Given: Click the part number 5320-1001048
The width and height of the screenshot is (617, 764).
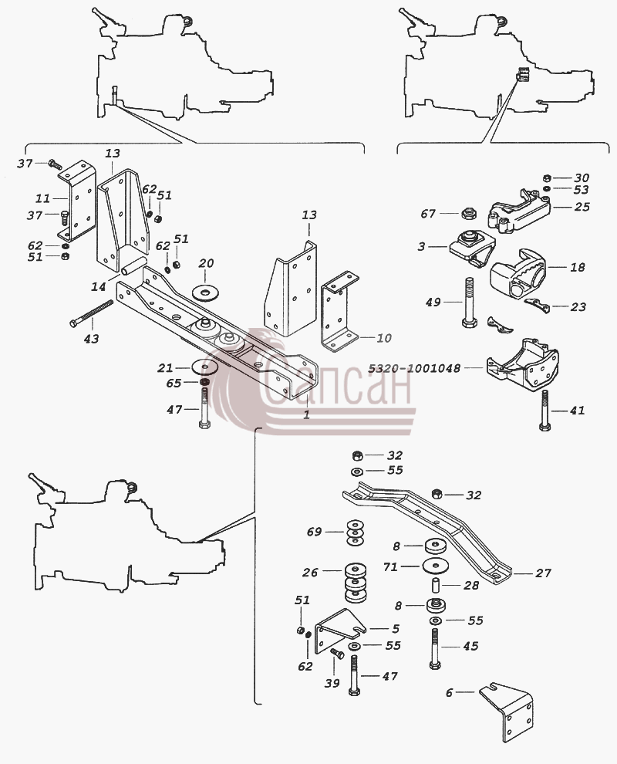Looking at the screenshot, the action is (x=413, y=368).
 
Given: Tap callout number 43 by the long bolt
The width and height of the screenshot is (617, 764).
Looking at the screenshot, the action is (x=92, y=338).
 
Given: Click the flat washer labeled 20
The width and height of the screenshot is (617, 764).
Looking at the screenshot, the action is (x=206, y=292).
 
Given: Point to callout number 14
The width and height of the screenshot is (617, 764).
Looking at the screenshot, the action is (x=99, y=286).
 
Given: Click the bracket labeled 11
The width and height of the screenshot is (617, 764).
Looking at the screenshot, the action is (x=76, y=204).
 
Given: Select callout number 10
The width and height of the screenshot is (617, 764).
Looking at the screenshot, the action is (x=384, y=338).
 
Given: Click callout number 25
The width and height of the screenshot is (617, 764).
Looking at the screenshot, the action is (x=582, y=207).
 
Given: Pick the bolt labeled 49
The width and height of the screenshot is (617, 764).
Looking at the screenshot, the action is (x=468, y=304).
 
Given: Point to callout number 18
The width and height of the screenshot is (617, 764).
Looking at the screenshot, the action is (x=577, y=267).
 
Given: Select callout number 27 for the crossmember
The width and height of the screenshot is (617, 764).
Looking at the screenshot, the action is (x=543, y=573).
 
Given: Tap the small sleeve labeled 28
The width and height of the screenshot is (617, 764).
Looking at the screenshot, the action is (x=437, y=583).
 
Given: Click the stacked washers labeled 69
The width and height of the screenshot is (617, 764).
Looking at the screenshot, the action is (x=356, y=532).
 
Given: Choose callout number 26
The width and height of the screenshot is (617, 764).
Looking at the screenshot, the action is (x=310, y=572).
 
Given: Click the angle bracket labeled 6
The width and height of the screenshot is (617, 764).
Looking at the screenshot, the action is (x=506, y=712).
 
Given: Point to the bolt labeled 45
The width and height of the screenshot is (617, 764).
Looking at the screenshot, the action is (x=435, y=648).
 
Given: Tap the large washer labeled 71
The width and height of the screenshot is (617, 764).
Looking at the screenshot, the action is (x=436, y=566).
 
